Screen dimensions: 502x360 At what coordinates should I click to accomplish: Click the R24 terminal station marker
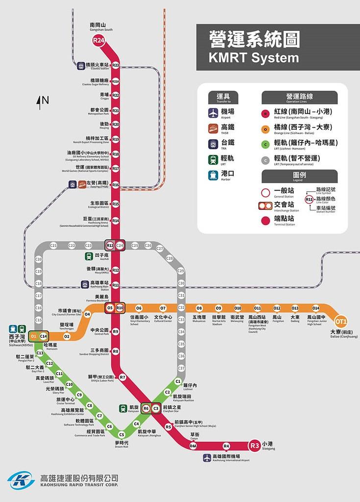99,42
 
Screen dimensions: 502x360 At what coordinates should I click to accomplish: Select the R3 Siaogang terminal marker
254,446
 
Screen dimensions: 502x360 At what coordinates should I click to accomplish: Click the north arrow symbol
39,101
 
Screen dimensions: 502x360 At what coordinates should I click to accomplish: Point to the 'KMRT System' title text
253,58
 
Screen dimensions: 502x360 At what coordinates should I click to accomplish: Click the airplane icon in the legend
213,113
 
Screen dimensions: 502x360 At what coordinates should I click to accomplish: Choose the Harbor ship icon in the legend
213,175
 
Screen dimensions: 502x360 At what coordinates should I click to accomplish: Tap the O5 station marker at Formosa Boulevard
110,308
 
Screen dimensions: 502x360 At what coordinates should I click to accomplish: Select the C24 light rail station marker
120,245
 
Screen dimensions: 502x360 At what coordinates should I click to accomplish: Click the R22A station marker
116,81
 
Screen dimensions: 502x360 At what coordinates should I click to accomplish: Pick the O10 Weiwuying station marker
238,308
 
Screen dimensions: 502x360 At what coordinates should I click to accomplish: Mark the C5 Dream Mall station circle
121,435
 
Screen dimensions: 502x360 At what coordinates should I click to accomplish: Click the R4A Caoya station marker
193,446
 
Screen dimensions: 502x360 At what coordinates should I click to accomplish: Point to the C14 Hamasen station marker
44,336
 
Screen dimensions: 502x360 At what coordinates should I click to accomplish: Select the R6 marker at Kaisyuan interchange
145,408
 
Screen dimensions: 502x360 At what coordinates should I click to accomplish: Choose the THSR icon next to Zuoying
82,185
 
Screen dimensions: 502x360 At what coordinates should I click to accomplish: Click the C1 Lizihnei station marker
178,381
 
